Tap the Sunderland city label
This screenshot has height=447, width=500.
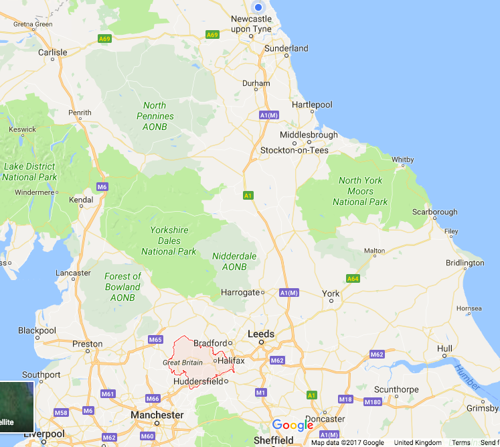(286, 48)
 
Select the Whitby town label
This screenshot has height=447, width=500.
(403, 159)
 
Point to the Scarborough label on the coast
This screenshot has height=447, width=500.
(435, 212)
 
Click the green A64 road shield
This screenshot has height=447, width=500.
(353, 278)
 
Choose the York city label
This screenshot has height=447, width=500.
(331, 294)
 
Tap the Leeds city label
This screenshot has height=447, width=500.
(261, 333)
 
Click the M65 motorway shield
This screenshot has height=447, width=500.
(155, 340)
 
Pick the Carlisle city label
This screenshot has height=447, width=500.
(53, 52)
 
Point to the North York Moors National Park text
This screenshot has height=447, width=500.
(360, 191)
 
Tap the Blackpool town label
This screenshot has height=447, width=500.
(37, 330)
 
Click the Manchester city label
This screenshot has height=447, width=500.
(157, 415)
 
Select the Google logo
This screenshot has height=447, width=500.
(293, 425)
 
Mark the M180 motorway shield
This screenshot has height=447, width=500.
(373, 401)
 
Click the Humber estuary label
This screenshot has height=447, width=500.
(467, 378)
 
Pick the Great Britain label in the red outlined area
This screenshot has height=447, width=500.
(183, 363)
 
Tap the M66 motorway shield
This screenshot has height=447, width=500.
(153, 399)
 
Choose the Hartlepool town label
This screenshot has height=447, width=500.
(312, 105)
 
